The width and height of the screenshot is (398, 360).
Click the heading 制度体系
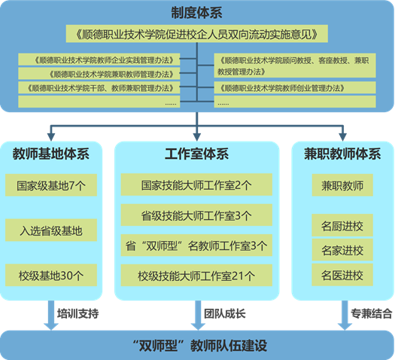point(196,13)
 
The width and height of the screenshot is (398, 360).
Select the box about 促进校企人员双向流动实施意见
point(196,34)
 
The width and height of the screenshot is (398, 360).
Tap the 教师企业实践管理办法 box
point(99,59)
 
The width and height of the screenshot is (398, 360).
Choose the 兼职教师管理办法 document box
point(99,74)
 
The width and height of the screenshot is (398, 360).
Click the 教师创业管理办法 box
point(295,88)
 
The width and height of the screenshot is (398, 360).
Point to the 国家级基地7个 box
point(51,185)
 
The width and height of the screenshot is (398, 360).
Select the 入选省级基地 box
point(51,230)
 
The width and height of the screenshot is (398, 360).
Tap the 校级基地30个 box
point(51,275)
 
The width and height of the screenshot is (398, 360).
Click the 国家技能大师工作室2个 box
point(196,185)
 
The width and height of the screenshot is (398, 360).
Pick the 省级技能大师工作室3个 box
point(196,215)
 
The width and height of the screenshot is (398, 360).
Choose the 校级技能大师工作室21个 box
point(196,276)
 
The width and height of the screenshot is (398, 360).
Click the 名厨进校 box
point(342,225)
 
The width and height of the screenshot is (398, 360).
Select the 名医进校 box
point(342,275)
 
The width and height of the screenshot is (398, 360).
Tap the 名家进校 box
point(342,250)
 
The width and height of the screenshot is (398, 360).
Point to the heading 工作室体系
point(196,154)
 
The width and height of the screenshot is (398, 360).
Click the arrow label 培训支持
point(78,314)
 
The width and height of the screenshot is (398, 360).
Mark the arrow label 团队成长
point(225,314)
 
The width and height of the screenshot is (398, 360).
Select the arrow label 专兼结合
point(372,314)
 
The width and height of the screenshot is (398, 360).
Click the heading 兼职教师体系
point(342,154)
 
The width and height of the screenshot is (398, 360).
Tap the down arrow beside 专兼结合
point(345,316)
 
